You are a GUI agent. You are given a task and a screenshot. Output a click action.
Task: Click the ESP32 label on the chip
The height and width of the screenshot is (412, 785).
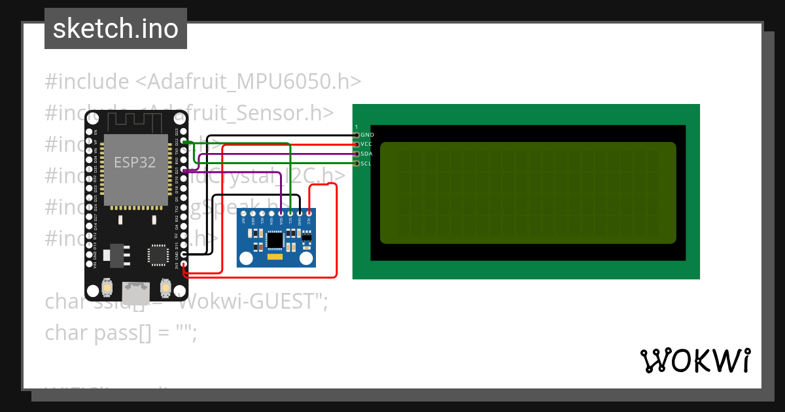click(135, 162)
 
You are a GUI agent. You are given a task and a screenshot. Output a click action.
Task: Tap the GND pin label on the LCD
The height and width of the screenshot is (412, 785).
click(366, 135)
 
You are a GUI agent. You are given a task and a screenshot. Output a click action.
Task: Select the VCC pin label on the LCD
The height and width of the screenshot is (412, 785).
click(366, 144)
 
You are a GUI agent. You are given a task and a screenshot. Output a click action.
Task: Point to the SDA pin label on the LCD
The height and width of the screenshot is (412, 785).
click(366, 154)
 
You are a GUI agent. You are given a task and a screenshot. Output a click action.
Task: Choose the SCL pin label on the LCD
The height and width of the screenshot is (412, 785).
click(366, 163)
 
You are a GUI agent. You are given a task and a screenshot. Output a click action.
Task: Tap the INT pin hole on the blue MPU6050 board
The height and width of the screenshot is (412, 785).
click(244, 213)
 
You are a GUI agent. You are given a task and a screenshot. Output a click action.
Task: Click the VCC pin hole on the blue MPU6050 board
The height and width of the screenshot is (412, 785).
click(308, 213)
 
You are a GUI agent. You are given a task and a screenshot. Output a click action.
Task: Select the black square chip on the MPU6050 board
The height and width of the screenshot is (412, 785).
click(275, 241)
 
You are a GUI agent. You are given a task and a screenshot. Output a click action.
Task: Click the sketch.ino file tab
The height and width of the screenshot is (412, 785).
click(116, 29)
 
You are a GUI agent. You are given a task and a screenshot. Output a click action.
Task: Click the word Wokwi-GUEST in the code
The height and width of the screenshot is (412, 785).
click(252, 302)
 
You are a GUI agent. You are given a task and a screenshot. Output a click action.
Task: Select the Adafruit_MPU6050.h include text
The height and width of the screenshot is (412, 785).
click(249, 82)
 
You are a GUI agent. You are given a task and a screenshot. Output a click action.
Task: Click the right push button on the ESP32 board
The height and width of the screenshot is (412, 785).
click(166, 288)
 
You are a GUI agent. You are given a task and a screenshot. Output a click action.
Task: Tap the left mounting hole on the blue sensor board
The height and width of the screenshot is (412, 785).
click(246, 258)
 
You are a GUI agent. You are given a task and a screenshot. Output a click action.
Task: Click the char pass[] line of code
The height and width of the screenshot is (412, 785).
click(120, 332)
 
